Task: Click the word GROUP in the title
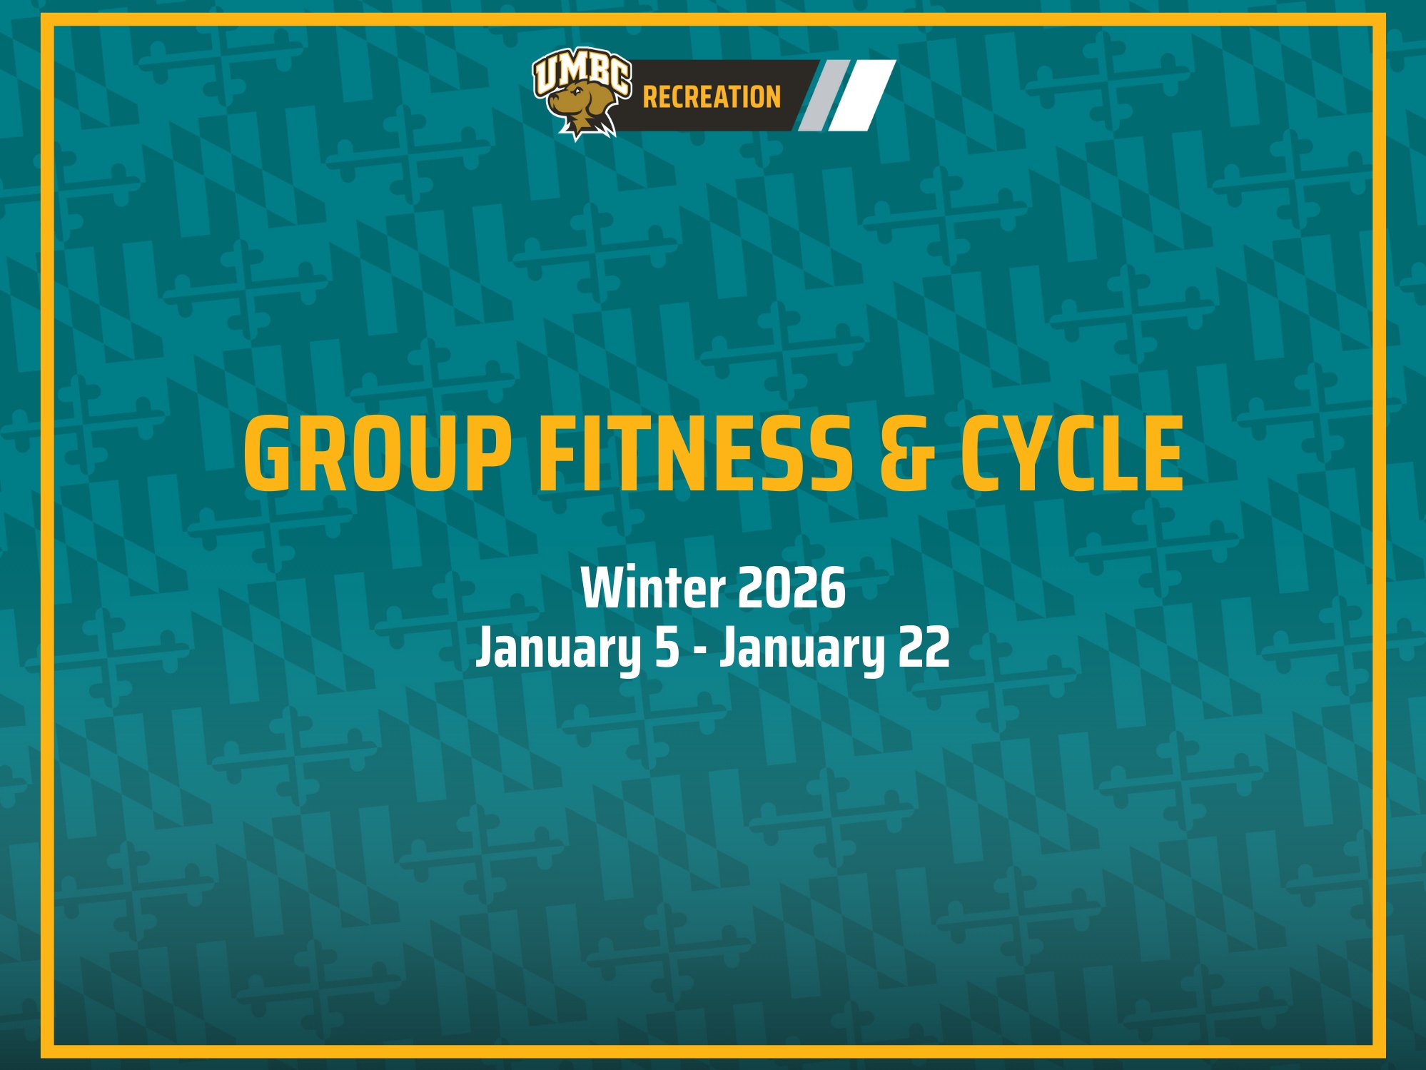pos(378,454)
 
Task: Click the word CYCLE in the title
pos(1071,454)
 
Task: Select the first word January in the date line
pos(559,648)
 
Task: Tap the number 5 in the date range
pos(667,648)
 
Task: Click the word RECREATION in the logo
pos(712,97)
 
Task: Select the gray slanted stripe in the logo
pos(823,96)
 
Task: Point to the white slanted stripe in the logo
pos(862,96)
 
